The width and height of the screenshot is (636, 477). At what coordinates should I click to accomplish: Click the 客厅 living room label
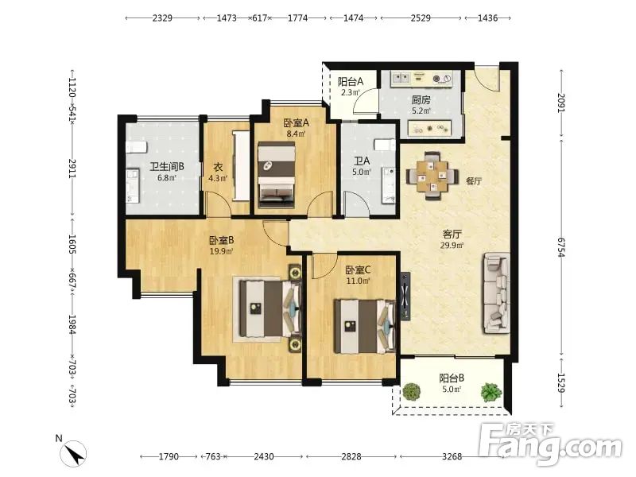point(452,234)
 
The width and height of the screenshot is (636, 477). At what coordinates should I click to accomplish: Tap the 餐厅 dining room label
point(474,181)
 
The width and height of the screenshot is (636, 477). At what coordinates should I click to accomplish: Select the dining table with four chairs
point(432,175)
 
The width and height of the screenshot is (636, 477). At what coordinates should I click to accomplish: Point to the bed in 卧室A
point(276,175)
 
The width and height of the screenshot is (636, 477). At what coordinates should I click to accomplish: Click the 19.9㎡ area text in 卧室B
point(221,251)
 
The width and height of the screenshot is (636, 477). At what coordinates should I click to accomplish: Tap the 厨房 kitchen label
point(421,99)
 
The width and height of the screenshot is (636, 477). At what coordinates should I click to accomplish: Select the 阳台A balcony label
point(351,82)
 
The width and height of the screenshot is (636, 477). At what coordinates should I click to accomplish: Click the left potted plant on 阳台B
point(411,392)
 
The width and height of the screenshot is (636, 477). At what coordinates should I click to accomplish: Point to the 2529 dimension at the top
point(421,17)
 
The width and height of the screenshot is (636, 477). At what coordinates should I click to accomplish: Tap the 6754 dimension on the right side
point(561,247)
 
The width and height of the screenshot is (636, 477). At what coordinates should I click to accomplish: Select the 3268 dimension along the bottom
point(452,456)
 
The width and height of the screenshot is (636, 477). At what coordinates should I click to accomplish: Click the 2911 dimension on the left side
point(72,169)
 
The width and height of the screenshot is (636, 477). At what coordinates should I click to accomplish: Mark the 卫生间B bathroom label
point(167,166)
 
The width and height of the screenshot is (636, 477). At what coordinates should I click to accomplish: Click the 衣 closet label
point(218,167)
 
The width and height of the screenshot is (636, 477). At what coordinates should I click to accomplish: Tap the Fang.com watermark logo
point(549,444)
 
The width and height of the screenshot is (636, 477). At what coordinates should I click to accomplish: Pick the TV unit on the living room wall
point(405,296)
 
